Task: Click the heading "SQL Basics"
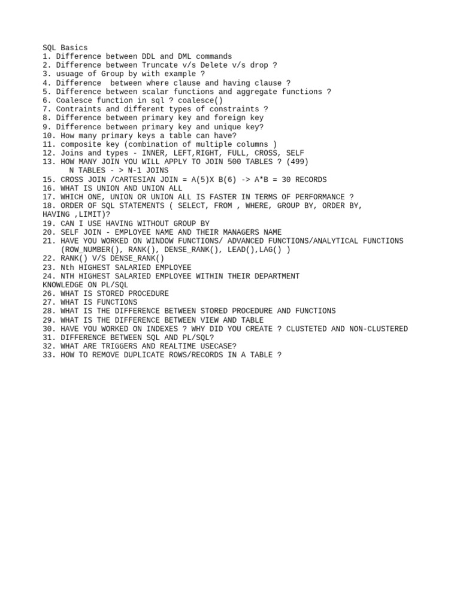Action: tap(65, 48)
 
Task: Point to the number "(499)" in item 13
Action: tap(297, 162)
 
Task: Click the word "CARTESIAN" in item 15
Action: tap(123, 180)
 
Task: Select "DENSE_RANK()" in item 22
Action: tap(137, 259)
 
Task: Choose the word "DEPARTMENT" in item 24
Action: tap(277, 276)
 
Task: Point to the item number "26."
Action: tap(49, 294)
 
